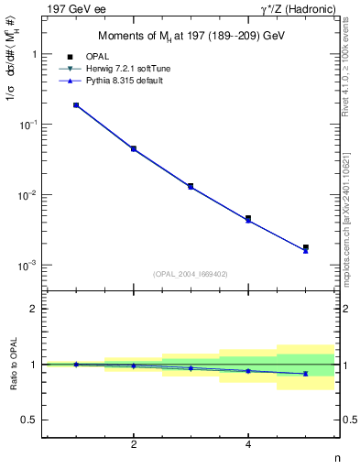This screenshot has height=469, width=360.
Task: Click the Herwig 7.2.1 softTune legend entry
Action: (x=136, y=69)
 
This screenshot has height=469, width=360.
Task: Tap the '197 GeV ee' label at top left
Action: (x=70, y=8)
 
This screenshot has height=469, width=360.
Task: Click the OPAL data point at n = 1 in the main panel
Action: (x=76, y=105)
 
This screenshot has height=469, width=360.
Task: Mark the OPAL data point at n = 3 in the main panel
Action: (x=191, y=186)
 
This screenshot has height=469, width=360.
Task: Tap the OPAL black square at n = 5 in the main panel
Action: (x=305, y=247)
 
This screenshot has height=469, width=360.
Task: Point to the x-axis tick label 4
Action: (x=248, y=445)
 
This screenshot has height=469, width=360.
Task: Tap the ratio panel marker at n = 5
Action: (x=305, y=374)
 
